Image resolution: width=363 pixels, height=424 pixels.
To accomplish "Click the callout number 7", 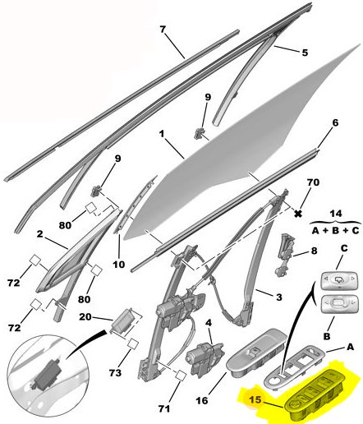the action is pyautogui.click(x=163, y=30).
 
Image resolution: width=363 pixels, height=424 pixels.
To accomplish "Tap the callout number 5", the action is pyautogui.click(x=305, y=53).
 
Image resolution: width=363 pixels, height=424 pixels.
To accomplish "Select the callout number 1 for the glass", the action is pyautogui.click(x=162, y=134).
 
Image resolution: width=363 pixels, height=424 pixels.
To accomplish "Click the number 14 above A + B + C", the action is pyautogui.click(x=336, y=214).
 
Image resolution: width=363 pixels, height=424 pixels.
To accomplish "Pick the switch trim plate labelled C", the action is pyautogui.click(x=339, y=280).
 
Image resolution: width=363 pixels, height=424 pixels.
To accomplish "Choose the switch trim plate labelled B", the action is pyautogui.click(x=339, y=304).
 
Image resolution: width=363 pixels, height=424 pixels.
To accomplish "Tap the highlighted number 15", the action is pyautogui.click(x=255, y=399).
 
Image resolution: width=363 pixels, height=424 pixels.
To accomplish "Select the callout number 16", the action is pyautogui.click(x=202, y=401).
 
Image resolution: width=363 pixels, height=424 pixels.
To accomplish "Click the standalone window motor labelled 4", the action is pyautogui.click(x=204, y=359).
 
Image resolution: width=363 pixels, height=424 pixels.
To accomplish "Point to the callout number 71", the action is pyautogui.click(x=164, y=408).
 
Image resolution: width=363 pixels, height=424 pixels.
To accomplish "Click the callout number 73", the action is pyautogui.click(x=115, y=372).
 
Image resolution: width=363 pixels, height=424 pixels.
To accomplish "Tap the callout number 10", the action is pyautogui.click(x=118, y=265).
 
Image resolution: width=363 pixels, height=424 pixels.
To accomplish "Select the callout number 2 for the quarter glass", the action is pyautogui.click(x=40, y=234).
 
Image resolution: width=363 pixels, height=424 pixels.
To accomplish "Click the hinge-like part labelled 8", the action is pyautogui.click(x=285, y=255).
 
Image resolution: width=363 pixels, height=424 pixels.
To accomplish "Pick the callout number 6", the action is pyautogui.click(x=335, y=122).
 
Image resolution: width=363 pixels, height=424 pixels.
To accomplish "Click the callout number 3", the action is pyautogui.click(x=278, y=297).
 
